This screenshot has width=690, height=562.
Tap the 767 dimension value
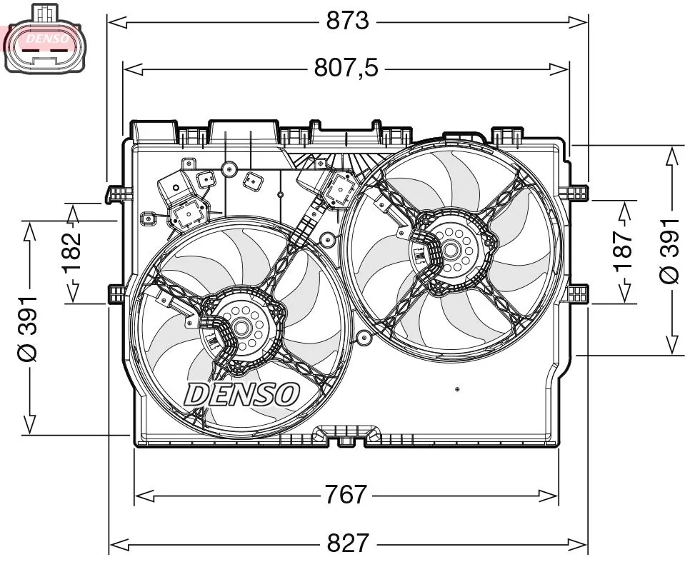(346, 494)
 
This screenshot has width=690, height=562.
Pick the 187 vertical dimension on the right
(624, 251)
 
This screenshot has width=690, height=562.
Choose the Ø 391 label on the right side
(670, 251)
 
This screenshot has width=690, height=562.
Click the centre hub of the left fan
(241, 328)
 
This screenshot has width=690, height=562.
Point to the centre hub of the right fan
(451, 249)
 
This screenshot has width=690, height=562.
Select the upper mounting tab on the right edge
(575, 191)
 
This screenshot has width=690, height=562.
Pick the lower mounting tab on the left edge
(116, 293)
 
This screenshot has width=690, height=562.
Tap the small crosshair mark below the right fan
(457, 389)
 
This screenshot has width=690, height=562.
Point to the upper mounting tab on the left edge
(117, 193)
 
